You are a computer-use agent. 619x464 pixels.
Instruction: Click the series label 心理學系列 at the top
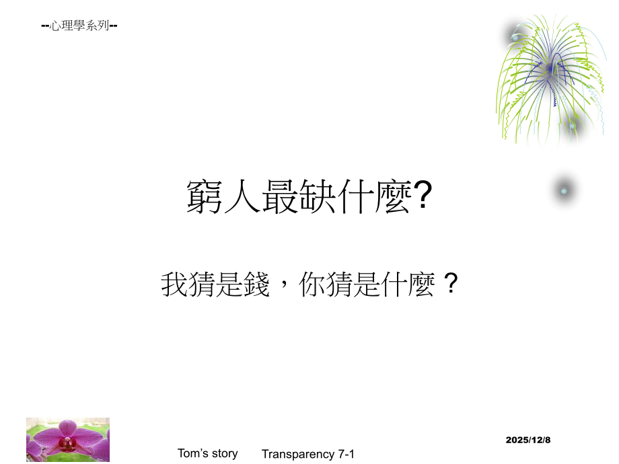tap(79, 27)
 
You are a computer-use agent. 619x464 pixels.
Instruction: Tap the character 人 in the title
tap(243, 196)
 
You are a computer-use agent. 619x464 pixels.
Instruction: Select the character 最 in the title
tap(281, 196)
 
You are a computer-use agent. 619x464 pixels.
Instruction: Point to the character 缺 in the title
tap(319, 196)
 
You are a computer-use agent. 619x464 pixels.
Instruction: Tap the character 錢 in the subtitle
tap(256, 284)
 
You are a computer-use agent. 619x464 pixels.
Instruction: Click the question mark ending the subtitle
tap(452, 284)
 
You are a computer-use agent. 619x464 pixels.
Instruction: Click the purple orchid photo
tap(68, 439)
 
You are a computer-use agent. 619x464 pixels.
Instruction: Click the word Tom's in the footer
tap(191, 453)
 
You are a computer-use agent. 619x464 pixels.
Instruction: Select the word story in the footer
tap(225, 453)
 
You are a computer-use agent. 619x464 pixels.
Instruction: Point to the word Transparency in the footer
tap(296, 455)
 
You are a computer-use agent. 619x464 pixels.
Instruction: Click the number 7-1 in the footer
tap(344, 455)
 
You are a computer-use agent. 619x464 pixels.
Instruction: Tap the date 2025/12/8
tap(528, 439)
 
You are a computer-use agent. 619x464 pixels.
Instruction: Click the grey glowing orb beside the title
tap(564, 191)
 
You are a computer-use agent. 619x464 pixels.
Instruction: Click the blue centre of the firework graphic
tap(550, 69)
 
